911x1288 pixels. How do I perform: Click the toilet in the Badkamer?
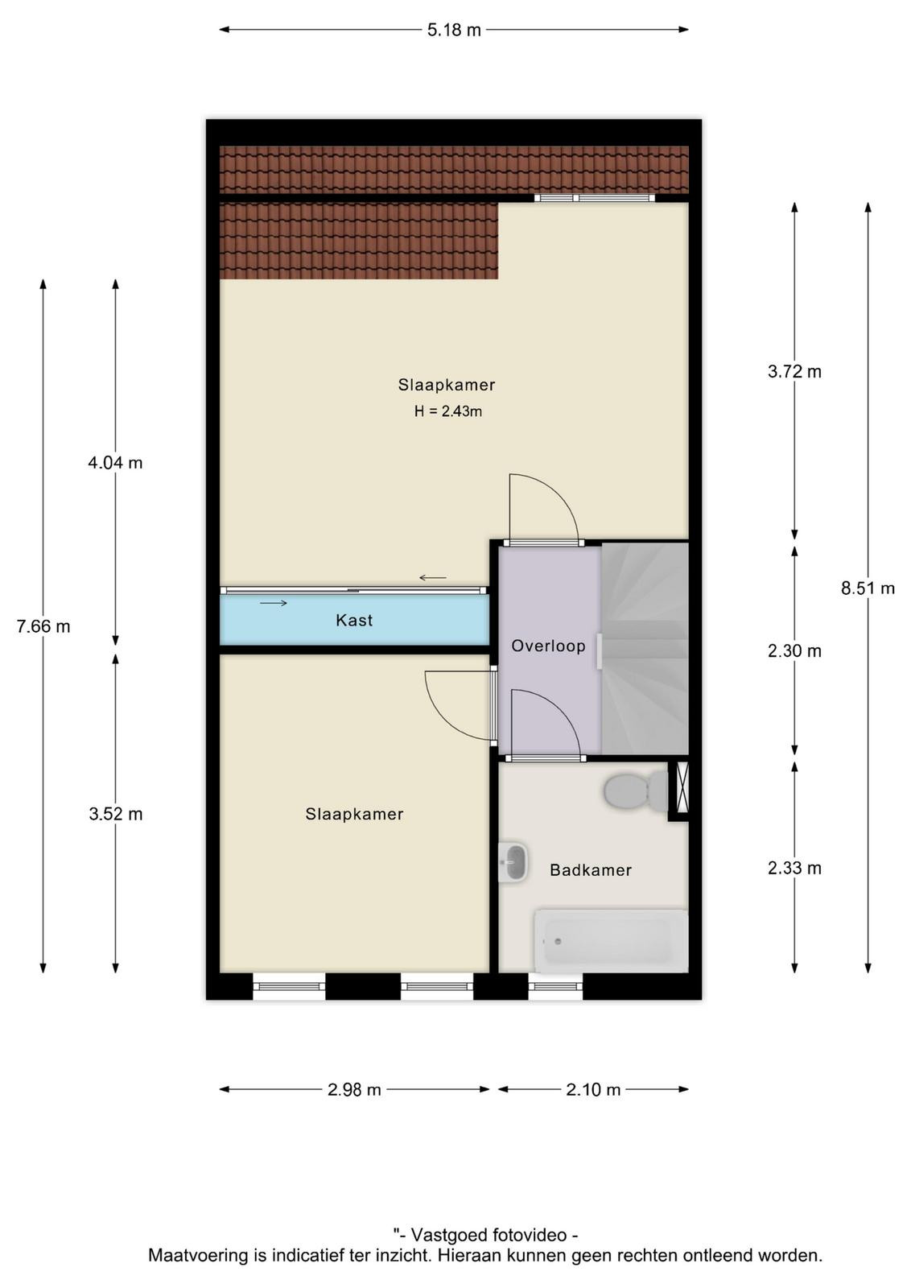(636, 790)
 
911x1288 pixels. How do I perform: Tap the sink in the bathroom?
(513, 861)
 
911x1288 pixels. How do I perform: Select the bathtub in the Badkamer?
(611, 941)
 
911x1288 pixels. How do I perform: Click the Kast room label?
(354, 620)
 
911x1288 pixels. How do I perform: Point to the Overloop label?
(548, 646)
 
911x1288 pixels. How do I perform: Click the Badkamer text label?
(590, 870)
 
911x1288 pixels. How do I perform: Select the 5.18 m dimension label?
(454, 30)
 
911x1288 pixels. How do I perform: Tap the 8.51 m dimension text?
(868, 588)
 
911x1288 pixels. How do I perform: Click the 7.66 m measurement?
(43, 626)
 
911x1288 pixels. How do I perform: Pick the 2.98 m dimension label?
(354, 1090)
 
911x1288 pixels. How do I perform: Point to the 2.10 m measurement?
(593, 1090)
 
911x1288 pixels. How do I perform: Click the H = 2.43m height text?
(447, 411)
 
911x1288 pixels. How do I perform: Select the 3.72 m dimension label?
(794, 371)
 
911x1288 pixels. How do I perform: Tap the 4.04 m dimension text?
(115, 463)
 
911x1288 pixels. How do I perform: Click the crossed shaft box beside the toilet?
(682, 787)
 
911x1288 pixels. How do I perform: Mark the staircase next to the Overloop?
(645, 648)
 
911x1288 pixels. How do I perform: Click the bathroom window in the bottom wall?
(555, 987)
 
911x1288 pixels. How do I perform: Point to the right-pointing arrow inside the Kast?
(274, 603)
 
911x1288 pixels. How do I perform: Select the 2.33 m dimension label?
(794, 868)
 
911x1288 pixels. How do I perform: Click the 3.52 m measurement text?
(116, 814)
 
